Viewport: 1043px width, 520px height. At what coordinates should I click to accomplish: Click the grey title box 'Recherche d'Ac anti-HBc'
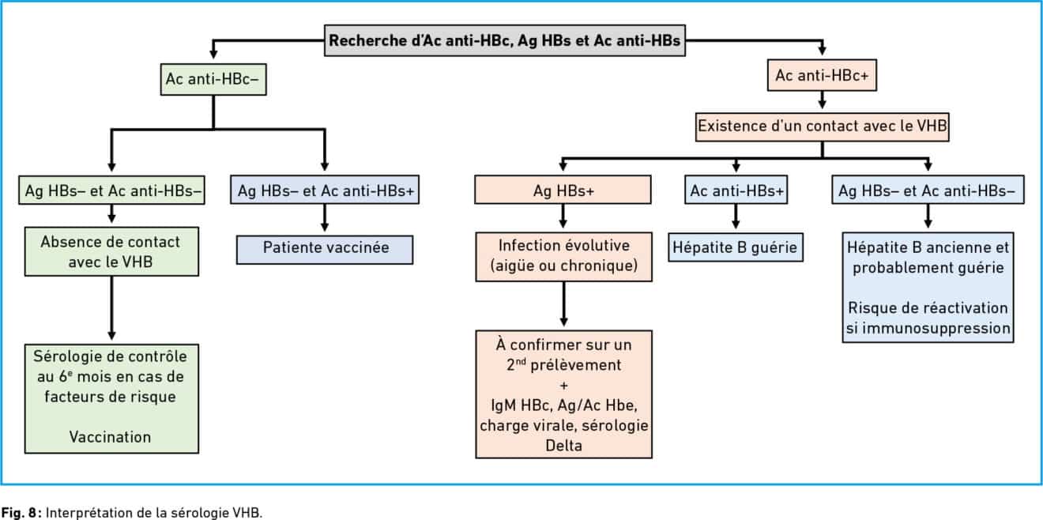[x=505, y=40]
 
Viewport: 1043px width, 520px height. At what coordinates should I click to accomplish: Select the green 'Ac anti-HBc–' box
[x=213, y=80]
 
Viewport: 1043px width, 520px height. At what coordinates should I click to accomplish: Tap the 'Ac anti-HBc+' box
[x=822, y=75]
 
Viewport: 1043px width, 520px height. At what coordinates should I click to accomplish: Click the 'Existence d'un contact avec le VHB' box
[x=823, y=126]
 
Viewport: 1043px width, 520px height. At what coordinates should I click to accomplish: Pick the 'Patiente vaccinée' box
[x=325, y=250]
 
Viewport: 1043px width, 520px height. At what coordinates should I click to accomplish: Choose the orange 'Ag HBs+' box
[x=563, y=190]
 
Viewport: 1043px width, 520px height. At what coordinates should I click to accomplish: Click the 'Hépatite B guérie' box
[x=736, y=247]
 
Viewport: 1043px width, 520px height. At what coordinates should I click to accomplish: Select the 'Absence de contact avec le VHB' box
[x=111, y=251]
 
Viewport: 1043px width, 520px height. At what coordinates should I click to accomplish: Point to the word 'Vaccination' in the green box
[x=111, y=437]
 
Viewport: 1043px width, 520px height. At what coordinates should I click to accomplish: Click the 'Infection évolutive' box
[x=564, y=257]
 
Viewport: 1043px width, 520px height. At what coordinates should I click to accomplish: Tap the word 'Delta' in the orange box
[x=564, y=446]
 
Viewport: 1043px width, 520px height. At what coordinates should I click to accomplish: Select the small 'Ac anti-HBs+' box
[x=736, y=190]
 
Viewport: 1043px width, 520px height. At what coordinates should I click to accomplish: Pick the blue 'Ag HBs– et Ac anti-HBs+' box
[x=325, y=190]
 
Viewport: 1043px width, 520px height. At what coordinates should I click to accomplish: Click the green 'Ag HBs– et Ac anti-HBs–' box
[x=111, y=190]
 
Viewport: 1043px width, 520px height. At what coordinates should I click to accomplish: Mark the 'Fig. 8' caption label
[x=21, y=513]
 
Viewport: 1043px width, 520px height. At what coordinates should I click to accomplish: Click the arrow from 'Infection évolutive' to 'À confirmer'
[x=564, y=304]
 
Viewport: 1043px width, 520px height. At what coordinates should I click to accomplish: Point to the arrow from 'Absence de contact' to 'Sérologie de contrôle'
[x=111, y=308]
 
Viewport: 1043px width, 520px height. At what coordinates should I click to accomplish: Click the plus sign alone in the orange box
[x=564, y=386]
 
